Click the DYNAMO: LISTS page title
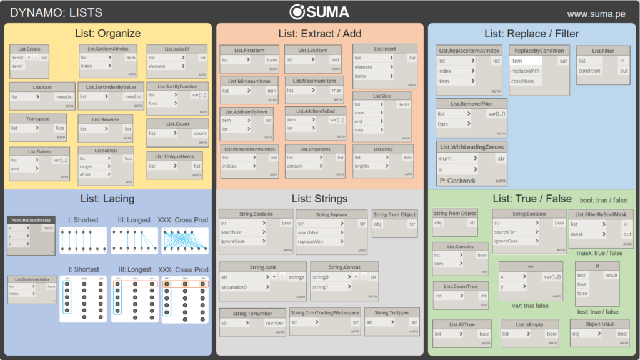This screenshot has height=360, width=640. (x=56, y=12)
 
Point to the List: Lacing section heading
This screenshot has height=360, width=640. (x=107, y=199)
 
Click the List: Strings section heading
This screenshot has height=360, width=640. (x=319, y=199)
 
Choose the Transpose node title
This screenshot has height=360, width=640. (x=38, y=119)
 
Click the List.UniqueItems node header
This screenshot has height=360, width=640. (x=174, y=156)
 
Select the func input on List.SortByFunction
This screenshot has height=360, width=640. (x=153, y=103)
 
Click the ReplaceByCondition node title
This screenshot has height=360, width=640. (x=539, y=51)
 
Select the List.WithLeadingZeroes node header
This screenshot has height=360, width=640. (x=472, y=146)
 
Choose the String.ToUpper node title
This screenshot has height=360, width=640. (x=391, y=313)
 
